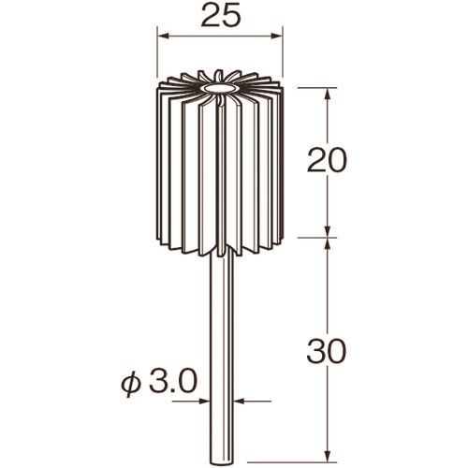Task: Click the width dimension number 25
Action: [221, 16]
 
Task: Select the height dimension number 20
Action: [327, 160]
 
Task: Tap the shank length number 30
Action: [327, 351]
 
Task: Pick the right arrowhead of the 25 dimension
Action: [276, 37]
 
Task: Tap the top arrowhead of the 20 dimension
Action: [328, 94]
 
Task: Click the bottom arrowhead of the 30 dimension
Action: [328, 456]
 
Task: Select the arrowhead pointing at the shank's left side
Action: [204, 402]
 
